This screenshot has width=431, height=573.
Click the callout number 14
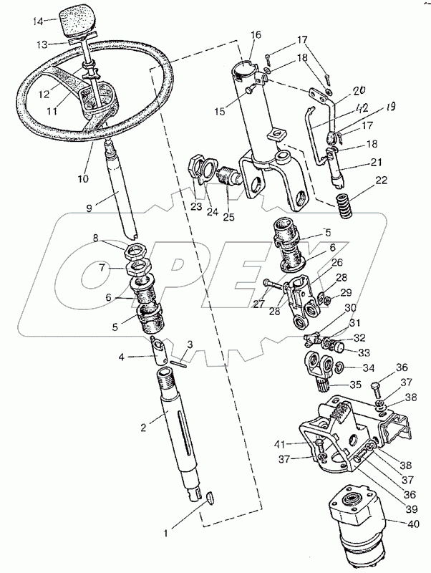click(x=37, y=21)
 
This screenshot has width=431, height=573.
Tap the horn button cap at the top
click(x=75, y=21)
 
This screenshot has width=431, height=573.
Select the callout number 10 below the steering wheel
click(x=83, y=178)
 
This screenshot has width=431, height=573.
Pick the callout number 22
click(x=381, y=180)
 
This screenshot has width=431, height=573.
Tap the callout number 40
click(x=413, y=524)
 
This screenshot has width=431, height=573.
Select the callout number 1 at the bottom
click(x=166, y=534)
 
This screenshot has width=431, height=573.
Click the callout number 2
click(x=143, y=426)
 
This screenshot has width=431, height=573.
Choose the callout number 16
click(x=256, y=34)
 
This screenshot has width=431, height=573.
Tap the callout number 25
click(x=228, y=217)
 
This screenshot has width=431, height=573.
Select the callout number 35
click(x=355, y=385)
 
